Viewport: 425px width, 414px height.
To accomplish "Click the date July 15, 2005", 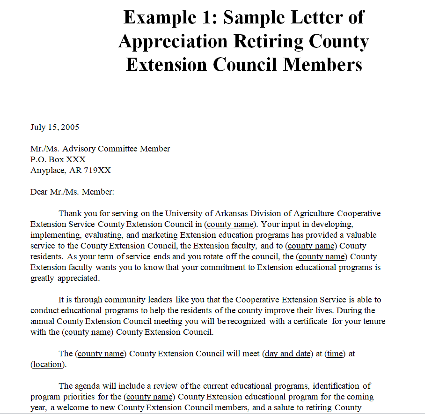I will point(55,127).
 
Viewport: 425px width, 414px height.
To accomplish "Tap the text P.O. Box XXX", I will point(58,159).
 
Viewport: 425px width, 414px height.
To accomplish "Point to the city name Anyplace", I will point(48,170).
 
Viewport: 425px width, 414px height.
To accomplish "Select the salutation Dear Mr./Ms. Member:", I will point(73,192).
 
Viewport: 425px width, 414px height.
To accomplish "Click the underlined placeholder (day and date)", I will point(287,354).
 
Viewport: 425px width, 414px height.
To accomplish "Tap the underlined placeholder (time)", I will point(335,354).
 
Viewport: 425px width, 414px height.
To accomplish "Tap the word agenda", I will point(86,386).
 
